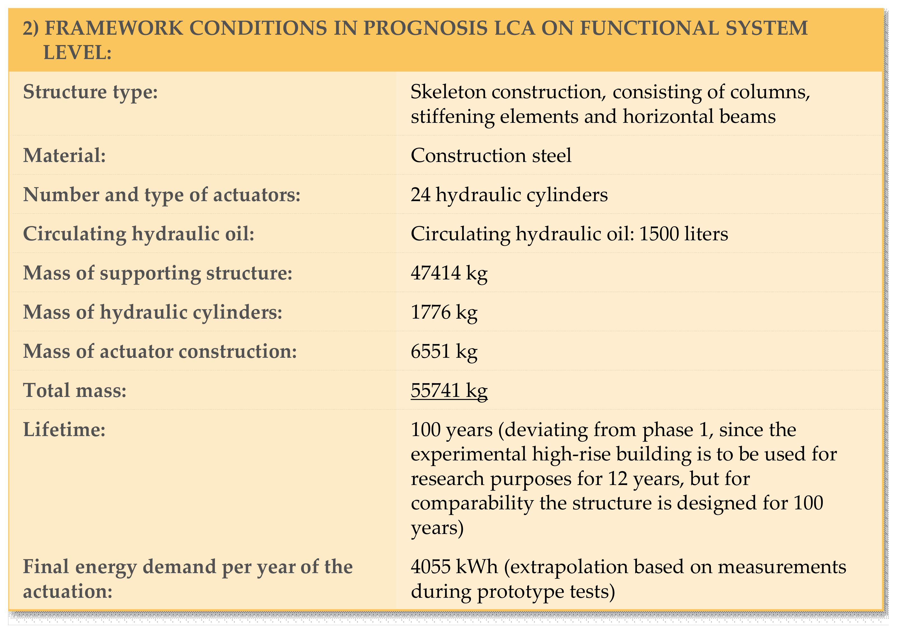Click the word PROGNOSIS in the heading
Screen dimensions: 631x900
[426, 28]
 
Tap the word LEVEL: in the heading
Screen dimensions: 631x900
[77, 53]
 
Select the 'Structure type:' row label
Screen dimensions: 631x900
[90, 92]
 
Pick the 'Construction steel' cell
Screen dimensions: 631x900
[491, 155]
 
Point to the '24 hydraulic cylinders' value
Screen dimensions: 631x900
[509, 195]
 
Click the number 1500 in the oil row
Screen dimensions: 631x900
[659, 234]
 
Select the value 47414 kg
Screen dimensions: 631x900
[449, 273]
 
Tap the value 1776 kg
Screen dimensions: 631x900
[444, 312]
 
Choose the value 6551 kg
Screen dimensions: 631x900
[444, 351]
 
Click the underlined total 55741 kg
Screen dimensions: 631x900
[449, 390]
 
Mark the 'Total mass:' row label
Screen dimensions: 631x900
[74, 390]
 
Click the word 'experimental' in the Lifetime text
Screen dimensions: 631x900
[468, 454]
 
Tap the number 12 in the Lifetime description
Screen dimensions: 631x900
[618, 479]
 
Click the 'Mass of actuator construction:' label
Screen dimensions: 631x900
[160, 351]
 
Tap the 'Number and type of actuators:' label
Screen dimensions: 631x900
[161, 195]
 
